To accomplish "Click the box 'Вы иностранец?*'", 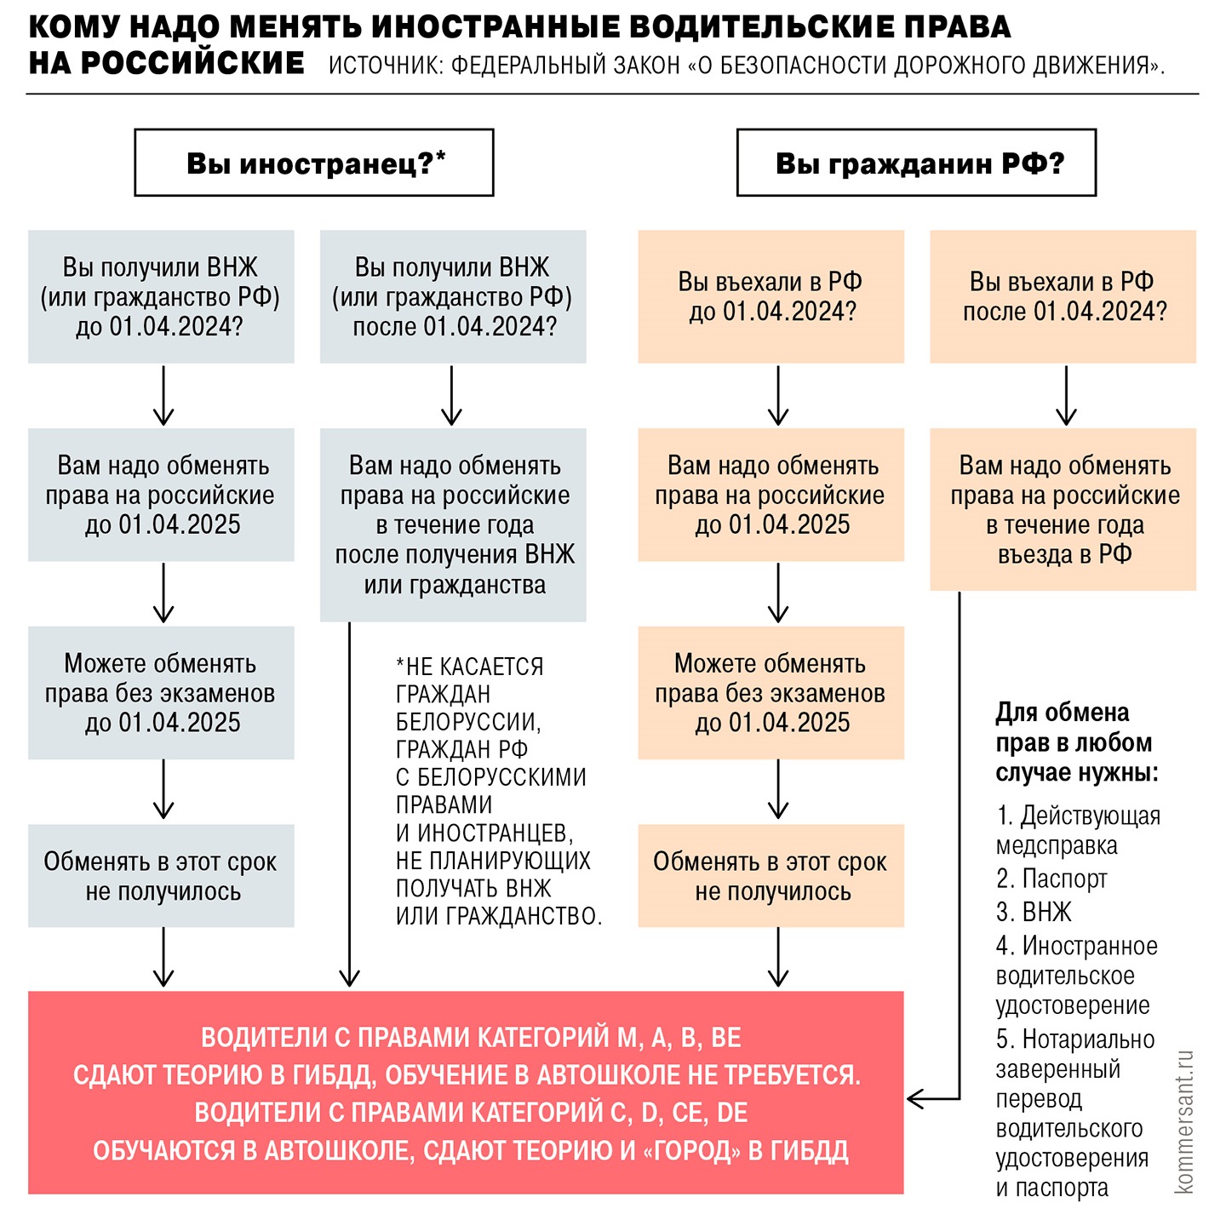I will click(x=314, y=163).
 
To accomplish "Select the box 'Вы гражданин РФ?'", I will click(x=916, y=163).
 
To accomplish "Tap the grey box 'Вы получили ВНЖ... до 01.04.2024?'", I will click(x=161, y=296).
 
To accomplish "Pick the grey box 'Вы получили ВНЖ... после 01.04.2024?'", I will click(x=453, y=296).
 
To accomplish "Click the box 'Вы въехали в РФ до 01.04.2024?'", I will click(x=771, y=296).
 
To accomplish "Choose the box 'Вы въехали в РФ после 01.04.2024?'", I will click(x=1063, y=296).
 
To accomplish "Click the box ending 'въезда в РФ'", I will click(x=1063, y=509).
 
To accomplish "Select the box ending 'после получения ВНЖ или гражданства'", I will click(x=453, y=524).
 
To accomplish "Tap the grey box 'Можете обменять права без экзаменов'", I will click(x=161, y=693).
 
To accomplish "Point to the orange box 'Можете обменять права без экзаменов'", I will click(x=771, y=693).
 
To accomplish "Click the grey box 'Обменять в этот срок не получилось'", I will click(x=161, y=876).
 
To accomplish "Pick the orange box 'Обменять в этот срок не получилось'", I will click(x=771, y=876).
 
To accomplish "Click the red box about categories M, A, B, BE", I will click(x=466, y=1093).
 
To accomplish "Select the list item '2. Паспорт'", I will click(x=1051, y=878).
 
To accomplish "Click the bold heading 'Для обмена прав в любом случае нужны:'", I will click(x=1076, y=742).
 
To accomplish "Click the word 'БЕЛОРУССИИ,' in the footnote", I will click(x=468, y=722).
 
